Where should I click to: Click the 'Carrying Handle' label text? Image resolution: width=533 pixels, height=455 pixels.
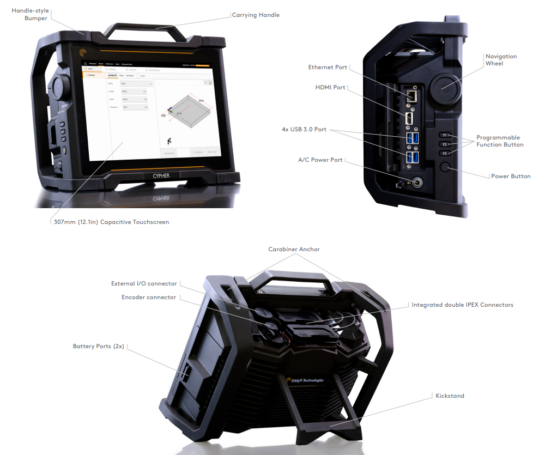(256, 15)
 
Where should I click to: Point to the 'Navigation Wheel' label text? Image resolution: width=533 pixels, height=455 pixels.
(501, 60)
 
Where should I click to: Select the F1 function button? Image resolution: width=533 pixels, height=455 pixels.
(445, 134)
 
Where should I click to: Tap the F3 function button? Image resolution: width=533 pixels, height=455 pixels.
(445, 154)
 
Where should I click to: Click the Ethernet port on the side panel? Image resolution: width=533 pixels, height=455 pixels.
(413, 96)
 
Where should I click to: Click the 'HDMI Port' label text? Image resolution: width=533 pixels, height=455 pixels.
(331, 87)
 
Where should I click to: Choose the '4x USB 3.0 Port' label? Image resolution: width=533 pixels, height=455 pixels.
(304, 129)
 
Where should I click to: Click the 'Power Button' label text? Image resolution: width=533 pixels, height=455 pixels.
(511, 177)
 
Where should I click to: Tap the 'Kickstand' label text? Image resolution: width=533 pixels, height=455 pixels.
(450, 396)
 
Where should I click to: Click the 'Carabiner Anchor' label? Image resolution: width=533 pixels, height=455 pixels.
(294, 249)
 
